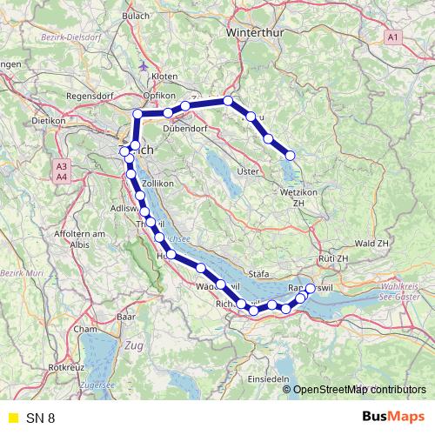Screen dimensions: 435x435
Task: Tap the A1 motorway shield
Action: click(x=394, y=37)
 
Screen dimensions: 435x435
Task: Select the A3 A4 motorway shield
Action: click(x=61, y=171)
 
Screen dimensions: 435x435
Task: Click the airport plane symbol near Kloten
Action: click(x=144, y=65)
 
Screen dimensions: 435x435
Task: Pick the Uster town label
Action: click(x=249, y=171)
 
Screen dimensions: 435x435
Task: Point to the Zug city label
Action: click(x=134, y=346)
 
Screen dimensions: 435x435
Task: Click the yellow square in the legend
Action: click(x=12, y=418)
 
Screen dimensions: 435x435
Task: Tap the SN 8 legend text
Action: click(x=40, y=418)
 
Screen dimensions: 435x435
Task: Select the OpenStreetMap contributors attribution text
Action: click(x=360, y=389)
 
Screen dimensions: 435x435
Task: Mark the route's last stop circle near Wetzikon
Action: click(x=291, y=156)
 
